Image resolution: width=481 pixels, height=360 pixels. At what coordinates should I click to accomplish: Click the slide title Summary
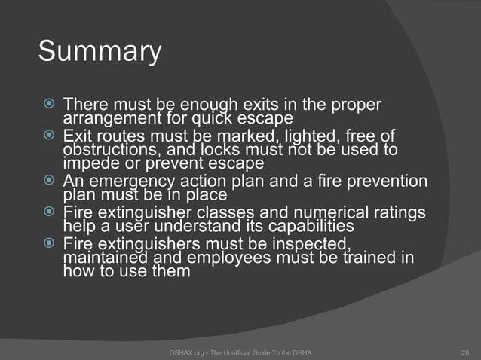100,53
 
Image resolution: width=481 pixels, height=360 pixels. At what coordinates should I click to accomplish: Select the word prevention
383,182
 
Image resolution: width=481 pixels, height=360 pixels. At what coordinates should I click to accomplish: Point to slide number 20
464,352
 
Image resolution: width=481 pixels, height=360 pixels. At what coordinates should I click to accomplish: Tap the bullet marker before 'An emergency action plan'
50,182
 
